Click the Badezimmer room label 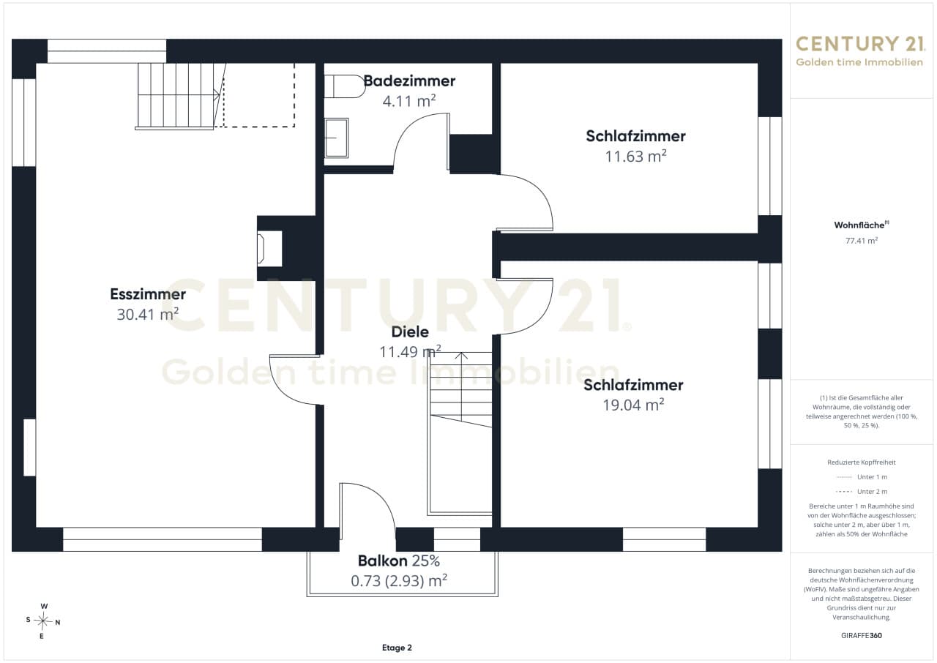[409, 80]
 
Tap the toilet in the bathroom [345, 86]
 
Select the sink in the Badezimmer [336, 138]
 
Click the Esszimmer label [148, 294]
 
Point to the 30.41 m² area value [148, 314]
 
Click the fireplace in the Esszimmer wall [270, 248]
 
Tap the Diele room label [410, 332]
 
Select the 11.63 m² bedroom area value [636, 156]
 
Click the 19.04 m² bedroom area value [633, 405]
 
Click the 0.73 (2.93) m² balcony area [399, 580]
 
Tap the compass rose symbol [43, 621]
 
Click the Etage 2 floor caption [397, 648]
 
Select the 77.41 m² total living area [862, 240]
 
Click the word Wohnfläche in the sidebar [859, 225]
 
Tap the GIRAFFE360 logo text [862, 635]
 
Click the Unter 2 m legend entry [862, 492]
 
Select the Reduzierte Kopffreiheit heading [862, 462]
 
